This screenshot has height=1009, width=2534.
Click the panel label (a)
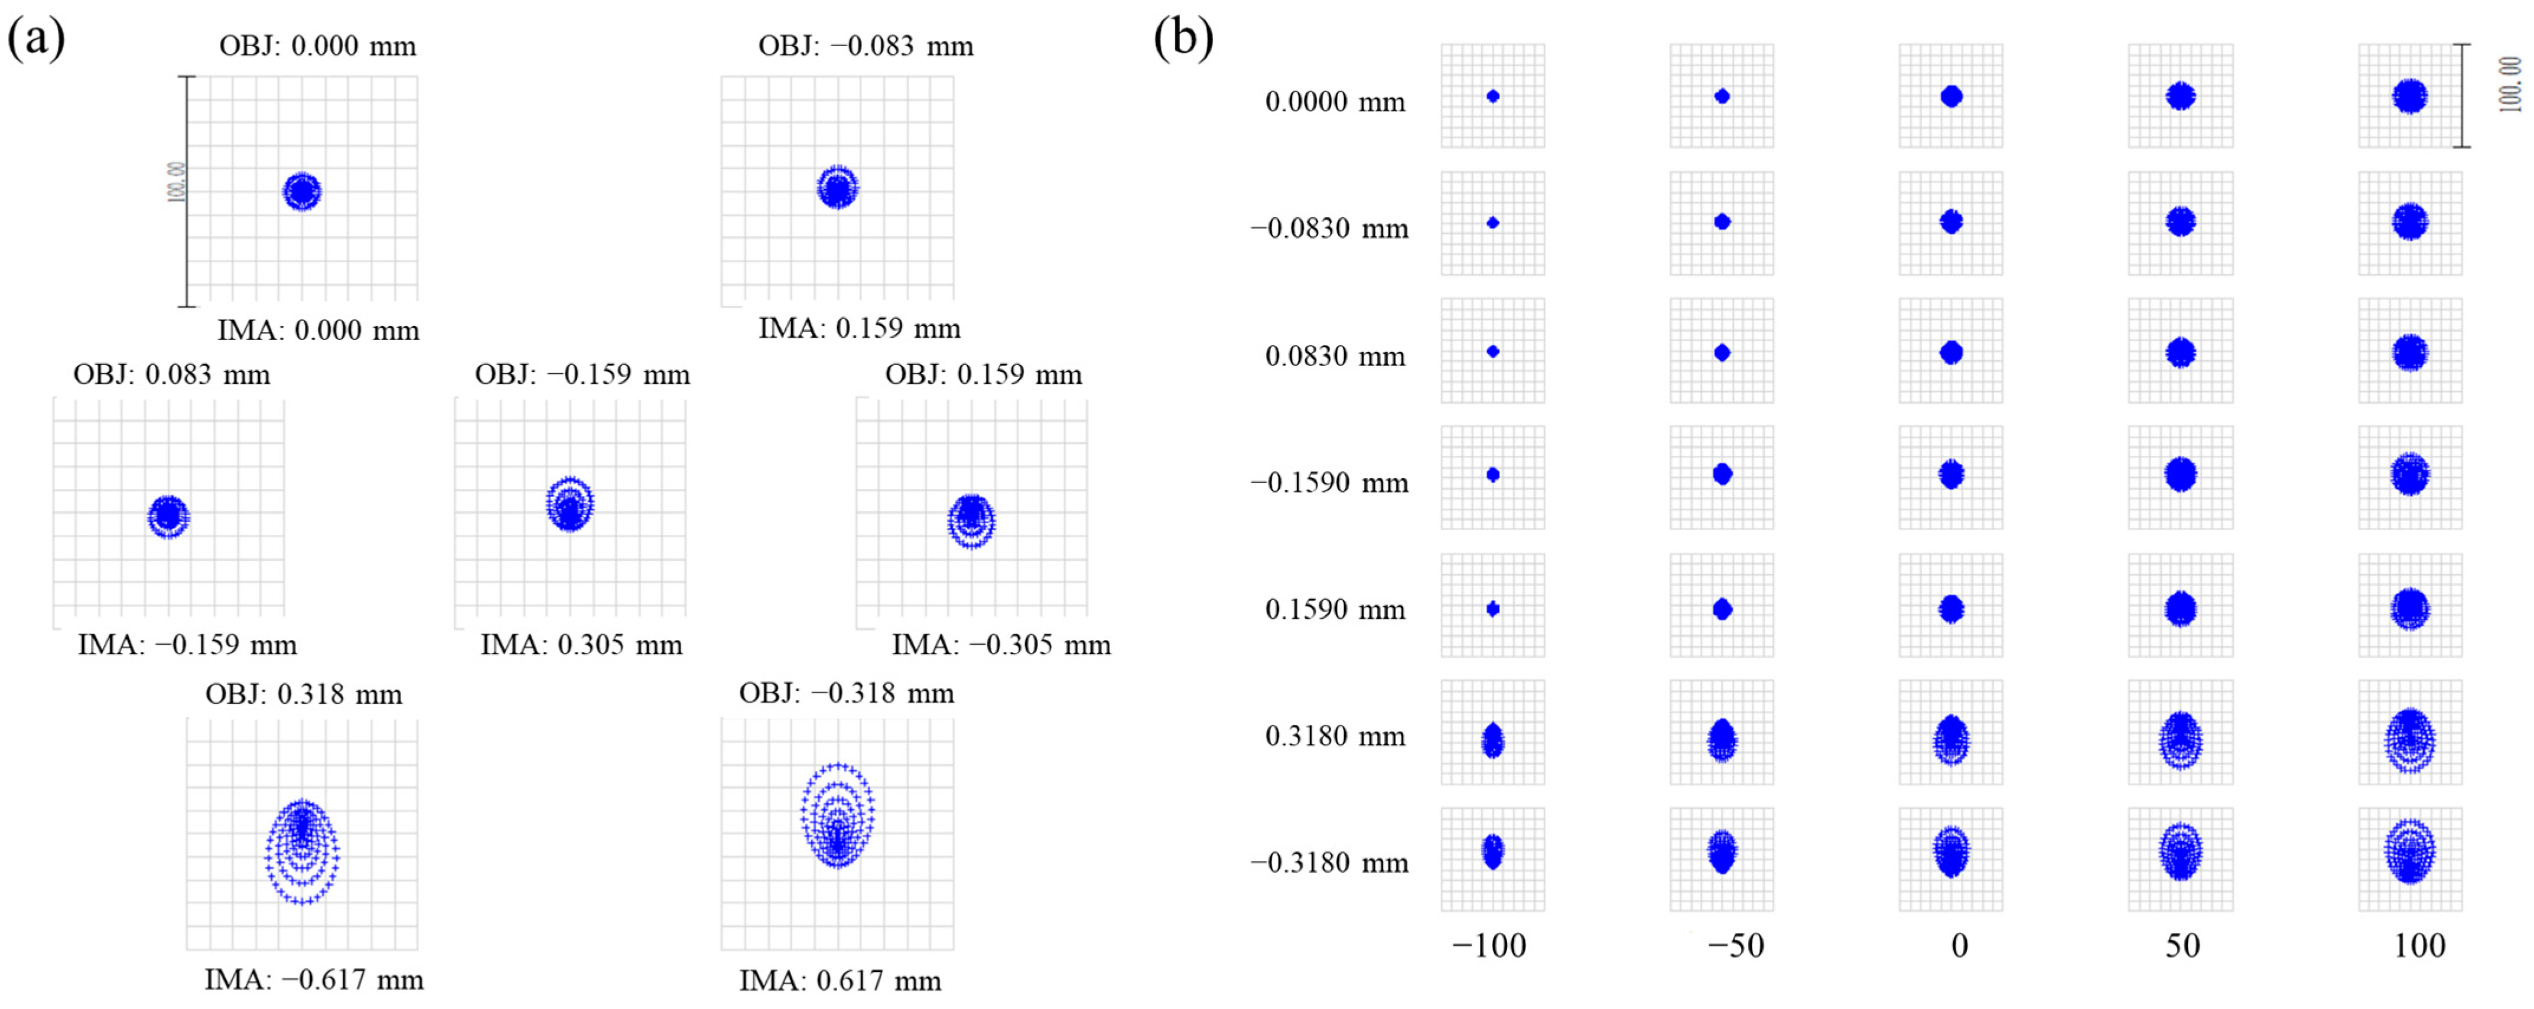(x=37, y=40)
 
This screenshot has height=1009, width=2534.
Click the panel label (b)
(x=1183, y=40)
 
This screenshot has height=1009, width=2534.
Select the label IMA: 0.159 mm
(x=859, y=328)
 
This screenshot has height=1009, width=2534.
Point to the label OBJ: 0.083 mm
(x=171, y=375)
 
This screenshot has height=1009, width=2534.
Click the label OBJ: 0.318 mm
(x=303, y=694)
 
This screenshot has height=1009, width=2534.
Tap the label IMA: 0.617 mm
(x=840, y=981)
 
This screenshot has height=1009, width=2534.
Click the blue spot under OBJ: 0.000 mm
(x=302, y=192)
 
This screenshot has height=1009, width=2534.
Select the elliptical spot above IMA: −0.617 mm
(x=302, y=851)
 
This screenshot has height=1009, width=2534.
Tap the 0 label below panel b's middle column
(x=1960, y=946)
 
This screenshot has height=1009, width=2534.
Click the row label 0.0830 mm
(x=1335, y=356)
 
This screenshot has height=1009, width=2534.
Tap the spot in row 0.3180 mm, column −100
(x=1493, y=740)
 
